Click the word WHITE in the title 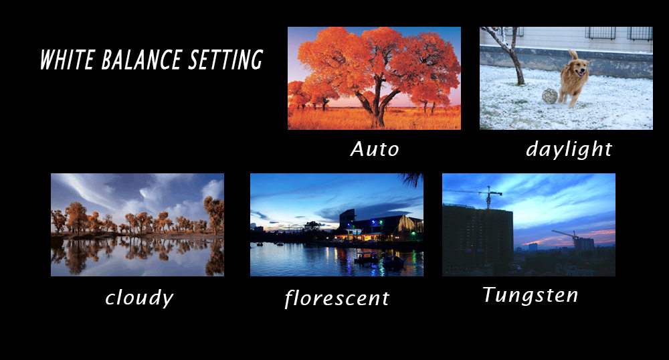point(67,60)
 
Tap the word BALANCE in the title point(141,60)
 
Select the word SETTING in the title point(225,60)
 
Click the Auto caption point(375,149)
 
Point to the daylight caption point(569,149)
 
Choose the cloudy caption point(139,298)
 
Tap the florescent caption point(337,298)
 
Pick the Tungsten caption point(531,294)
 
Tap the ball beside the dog point(550,96)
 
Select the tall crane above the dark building point(488,197)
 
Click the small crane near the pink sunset point(565,236)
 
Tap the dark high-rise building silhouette point(478,240)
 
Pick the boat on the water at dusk point(366,257)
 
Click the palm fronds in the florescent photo point(411,180)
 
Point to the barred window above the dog point(600,33)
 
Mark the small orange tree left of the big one point(320,92)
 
